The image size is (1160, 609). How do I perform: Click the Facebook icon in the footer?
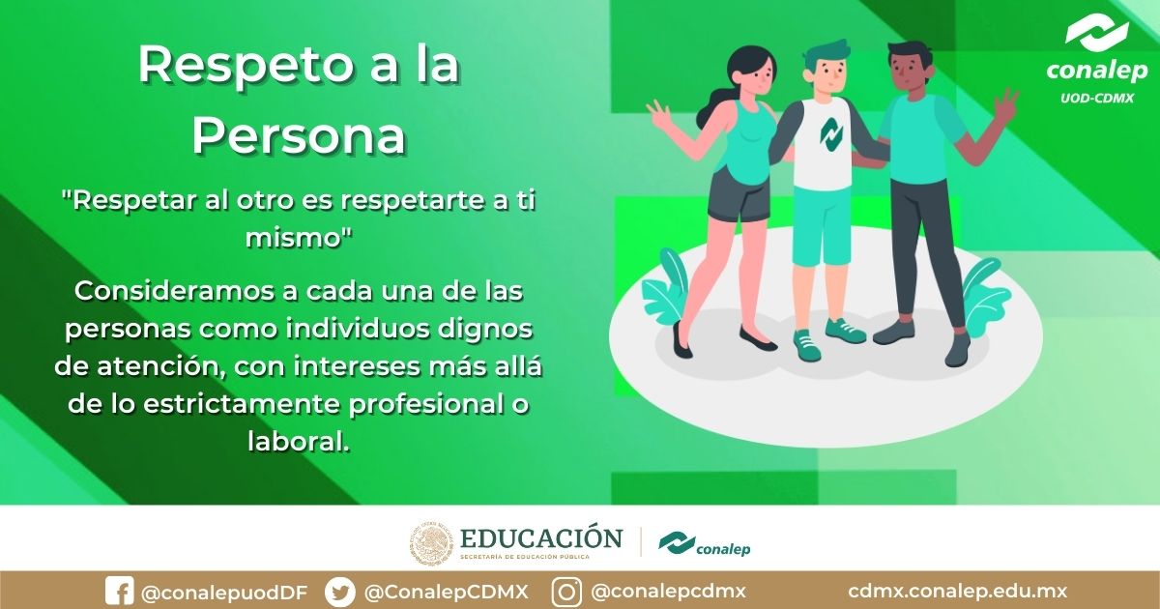119,591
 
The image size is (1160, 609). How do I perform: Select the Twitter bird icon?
339,591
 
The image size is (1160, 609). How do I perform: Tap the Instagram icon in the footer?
566,591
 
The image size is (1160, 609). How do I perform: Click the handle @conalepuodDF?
223,592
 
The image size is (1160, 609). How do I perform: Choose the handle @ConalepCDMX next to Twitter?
446,592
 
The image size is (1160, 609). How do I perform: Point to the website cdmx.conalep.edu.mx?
957,592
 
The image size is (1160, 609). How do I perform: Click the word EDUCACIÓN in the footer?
542,537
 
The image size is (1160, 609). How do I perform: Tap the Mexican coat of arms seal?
431,544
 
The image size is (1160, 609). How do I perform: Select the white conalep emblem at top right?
1097,34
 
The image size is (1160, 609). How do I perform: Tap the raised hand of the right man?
1005,104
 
